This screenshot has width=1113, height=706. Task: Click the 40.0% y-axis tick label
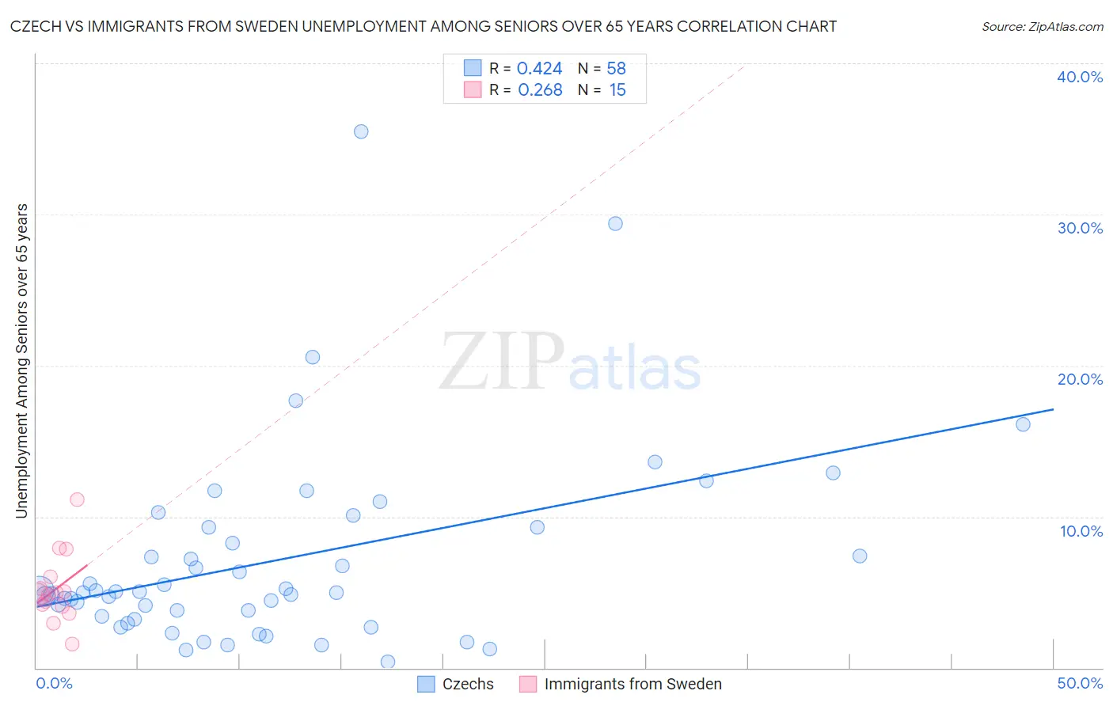1080,77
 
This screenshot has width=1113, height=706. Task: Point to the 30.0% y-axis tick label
1080,228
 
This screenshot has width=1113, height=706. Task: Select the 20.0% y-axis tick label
1080,379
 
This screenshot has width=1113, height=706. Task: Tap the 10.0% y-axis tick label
1081,531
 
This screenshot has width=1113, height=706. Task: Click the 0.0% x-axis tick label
55,684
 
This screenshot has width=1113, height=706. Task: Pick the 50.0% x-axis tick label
1080,684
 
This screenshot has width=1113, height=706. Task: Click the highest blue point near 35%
361,131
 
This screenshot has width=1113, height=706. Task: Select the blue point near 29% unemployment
615,223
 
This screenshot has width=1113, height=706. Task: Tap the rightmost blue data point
1023,424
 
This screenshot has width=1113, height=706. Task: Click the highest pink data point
77,499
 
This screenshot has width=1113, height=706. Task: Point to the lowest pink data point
72,644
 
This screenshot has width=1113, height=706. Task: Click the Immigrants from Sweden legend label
632,685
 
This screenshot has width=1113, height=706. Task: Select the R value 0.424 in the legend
539,69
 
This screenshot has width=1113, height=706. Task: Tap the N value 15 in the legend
617,90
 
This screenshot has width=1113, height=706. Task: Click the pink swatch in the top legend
473,89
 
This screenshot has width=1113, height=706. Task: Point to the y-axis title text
21,361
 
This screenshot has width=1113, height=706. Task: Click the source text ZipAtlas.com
1042,27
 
